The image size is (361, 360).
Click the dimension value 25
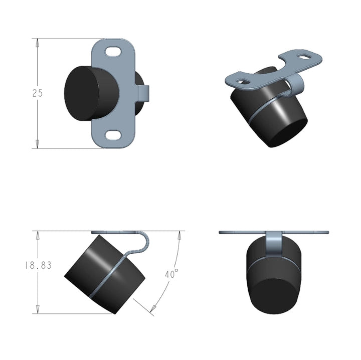pos(38,93)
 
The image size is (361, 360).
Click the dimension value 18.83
pos(38,265)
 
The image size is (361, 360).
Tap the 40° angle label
pos(171,273)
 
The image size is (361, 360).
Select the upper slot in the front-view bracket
pos(113,52)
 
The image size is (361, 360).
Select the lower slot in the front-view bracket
pos(113,135)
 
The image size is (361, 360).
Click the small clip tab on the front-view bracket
pos(144,93)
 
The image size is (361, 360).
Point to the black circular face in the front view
pos(82,93)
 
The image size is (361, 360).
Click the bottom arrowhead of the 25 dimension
pos(37,144)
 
